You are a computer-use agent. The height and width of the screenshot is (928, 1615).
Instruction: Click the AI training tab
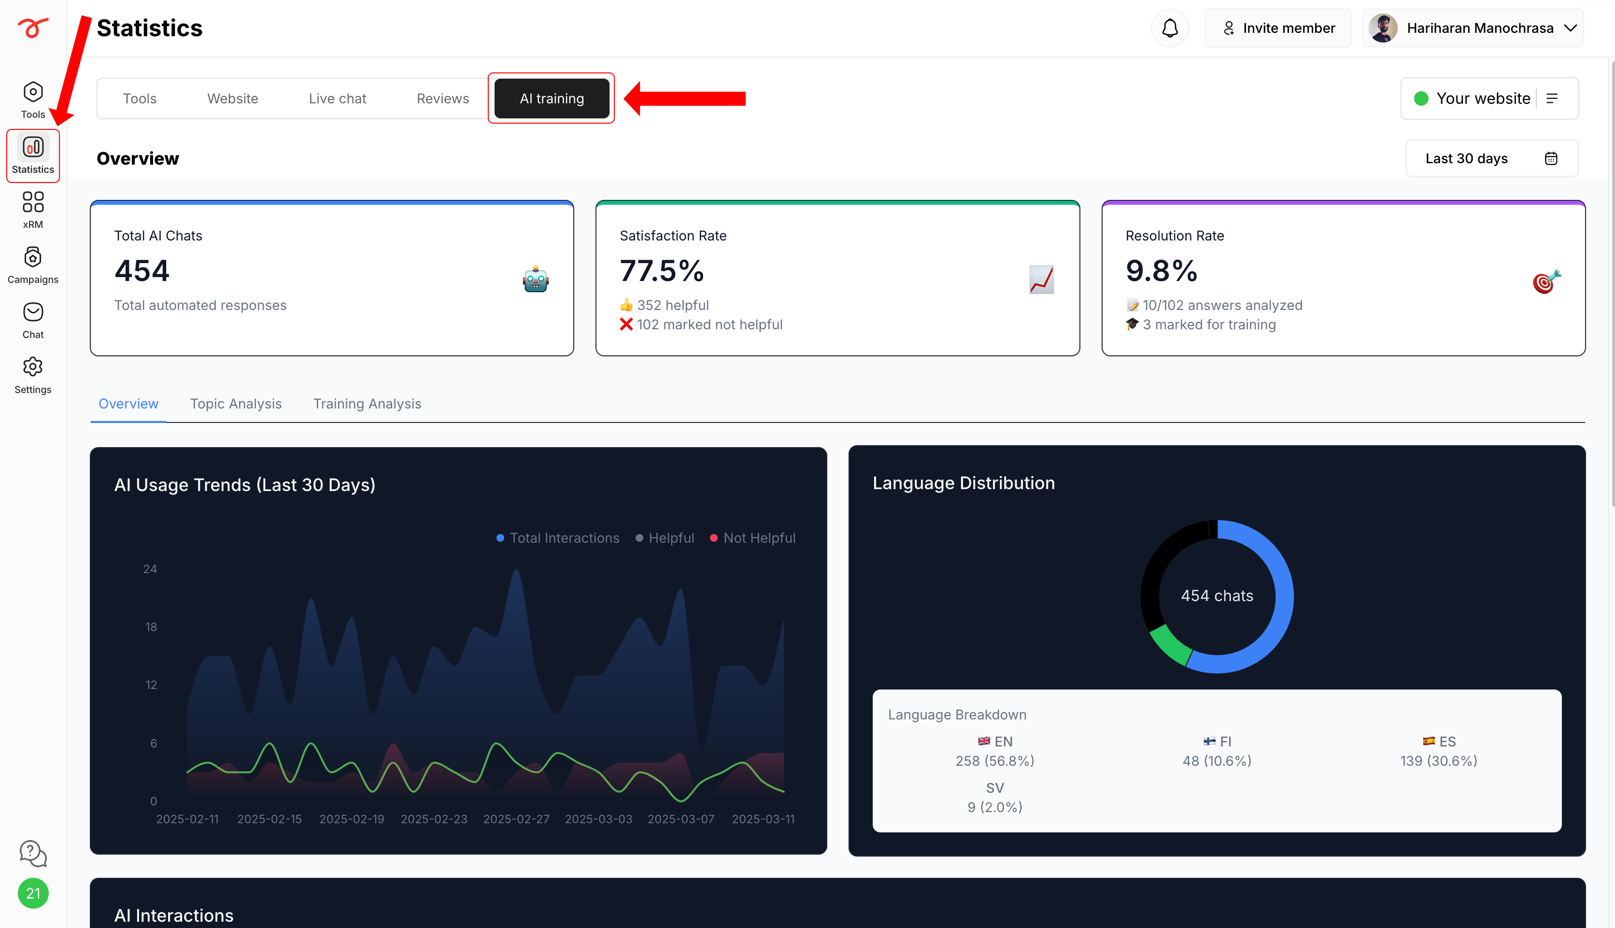[x=551, y=98]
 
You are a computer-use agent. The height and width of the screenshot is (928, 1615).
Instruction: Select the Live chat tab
[x=337, y=98]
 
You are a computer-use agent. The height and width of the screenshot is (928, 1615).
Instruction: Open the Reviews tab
[x=442, y=98]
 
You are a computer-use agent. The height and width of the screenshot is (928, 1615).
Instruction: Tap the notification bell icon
[x=1170, y=28]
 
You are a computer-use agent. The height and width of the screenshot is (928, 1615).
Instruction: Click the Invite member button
[x=1278, y=28]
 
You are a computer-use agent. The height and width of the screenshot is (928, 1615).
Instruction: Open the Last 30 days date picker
[x=1491, y=158]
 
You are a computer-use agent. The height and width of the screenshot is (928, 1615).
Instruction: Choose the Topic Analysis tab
[x=236, y=404]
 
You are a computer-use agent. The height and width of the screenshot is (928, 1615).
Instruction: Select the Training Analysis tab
[x=367, y=404]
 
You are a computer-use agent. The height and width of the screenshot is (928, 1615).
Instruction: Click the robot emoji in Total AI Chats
[x=536, y=279]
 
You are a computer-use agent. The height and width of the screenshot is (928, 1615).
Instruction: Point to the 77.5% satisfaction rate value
[x=662, y=271]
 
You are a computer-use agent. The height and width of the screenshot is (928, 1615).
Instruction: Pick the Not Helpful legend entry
[x=753, y=538]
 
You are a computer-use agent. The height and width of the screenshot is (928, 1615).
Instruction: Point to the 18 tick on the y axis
[x=151, y=627]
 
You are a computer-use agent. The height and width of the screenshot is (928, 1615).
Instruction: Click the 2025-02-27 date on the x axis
[x=516, y=819]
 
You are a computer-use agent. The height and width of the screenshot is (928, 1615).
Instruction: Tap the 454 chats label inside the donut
[x=1217, y=596]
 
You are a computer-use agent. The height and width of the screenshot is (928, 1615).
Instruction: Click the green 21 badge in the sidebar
[x=33, y=893]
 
